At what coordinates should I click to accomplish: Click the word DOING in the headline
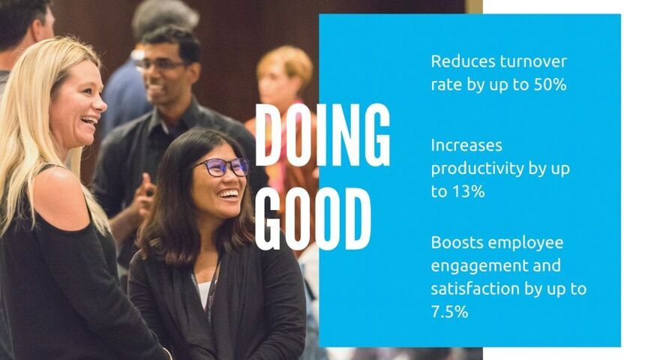click(322, 135)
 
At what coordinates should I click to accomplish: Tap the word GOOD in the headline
click(313, 219)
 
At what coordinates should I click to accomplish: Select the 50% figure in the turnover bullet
click(550, 84)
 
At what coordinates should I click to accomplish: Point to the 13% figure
click(468, 191)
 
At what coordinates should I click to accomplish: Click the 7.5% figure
click(450, 311)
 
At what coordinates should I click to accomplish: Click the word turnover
click(533, 61)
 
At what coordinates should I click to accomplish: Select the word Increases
click(466, 145)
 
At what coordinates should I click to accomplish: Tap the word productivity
click(472, 169)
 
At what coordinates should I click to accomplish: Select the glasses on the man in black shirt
click(160, 64)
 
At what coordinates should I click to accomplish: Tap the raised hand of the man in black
click(144, 195)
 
